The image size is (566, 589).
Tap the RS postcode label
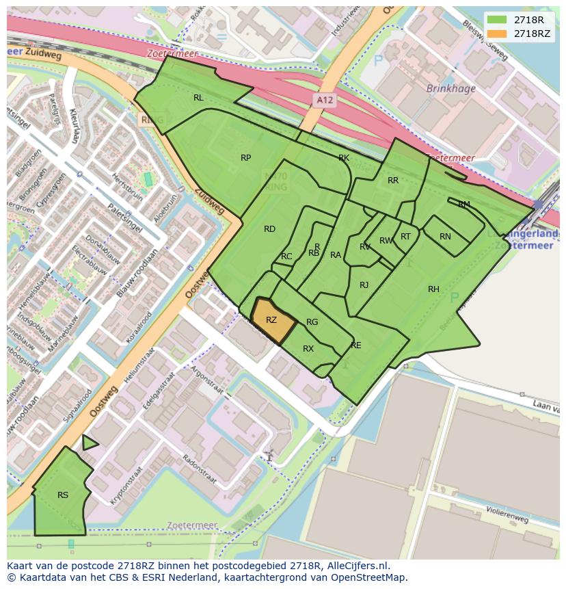pos(63,495)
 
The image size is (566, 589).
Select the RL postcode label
pos(198,98)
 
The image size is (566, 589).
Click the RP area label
pos(245,158)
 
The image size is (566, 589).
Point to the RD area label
pos(269,229)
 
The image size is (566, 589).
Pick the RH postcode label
pos(433,289)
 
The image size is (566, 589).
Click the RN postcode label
pos(445,237)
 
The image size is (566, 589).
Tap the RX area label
pos(308,349)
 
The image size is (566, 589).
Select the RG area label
pos(312,322)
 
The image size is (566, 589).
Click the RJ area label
pos(364,285)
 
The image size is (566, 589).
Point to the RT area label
pos(405,237)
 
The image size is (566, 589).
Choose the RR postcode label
pos(392,181)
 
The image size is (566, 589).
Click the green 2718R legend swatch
pos(497,20)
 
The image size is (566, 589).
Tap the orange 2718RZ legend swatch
pos(497,34)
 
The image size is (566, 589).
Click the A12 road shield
pos(325,100)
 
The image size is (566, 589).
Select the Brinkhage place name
pos(450,88)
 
